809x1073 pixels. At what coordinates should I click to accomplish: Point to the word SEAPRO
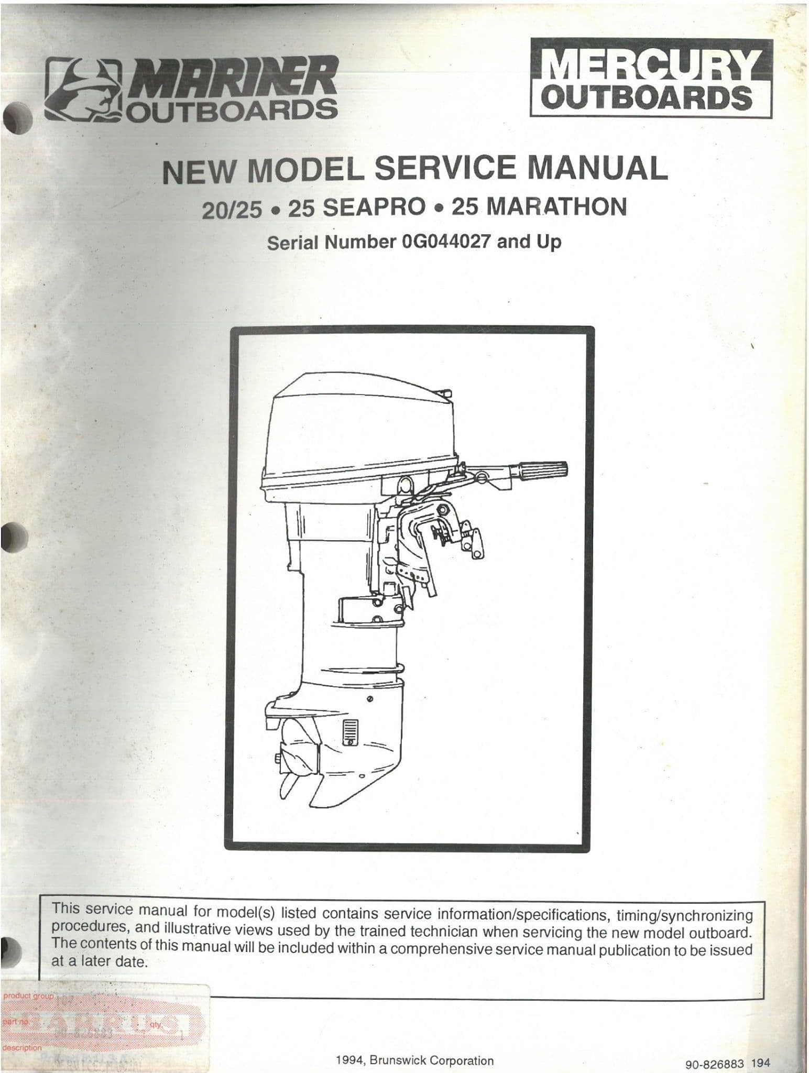click(x=373, y=207)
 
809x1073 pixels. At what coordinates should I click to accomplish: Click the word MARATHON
click(x=556, y=207)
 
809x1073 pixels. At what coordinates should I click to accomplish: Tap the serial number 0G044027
click(x=445, y=243)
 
